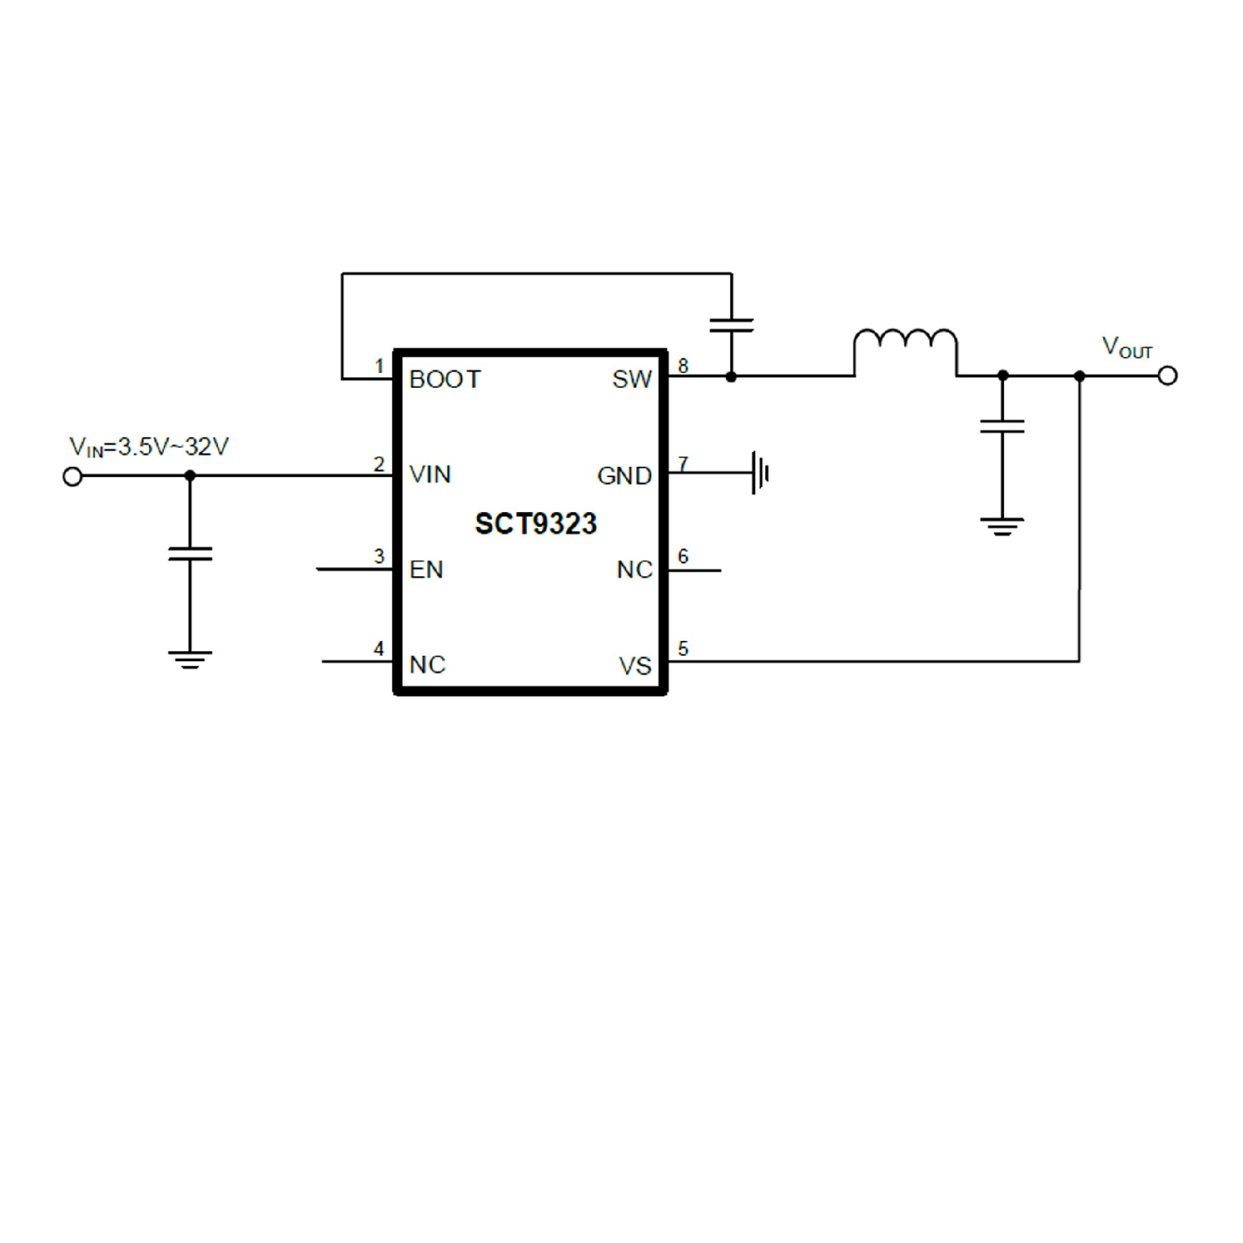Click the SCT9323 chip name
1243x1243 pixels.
pos(535,524)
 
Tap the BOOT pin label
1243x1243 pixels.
pos(445,379)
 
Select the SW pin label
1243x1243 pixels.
pos(632,379)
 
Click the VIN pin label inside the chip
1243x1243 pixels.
pos(430,475)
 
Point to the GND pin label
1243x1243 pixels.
pos(624,476)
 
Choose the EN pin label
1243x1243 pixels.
pos(426,570)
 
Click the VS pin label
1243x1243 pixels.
pos(635,666)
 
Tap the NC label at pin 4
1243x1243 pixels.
pos(427,665)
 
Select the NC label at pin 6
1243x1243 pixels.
pos(634,570)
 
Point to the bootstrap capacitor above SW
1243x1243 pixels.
pos(732,325)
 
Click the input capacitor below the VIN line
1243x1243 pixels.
pos(190,554)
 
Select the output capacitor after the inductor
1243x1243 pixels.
pos(1002,426)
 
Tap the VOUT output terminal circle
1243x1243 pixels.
pos(1167,375)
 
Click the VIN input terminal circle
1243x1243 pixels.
pos(73,477)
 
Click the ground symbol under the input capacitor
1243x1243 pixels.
pos(190,660)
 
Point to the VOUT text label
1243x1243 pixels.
pos(1127,348)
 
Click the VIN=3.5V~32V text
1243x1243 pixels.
pos(149,447)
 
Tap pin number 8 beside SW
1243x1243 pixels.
pos(682,366)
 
